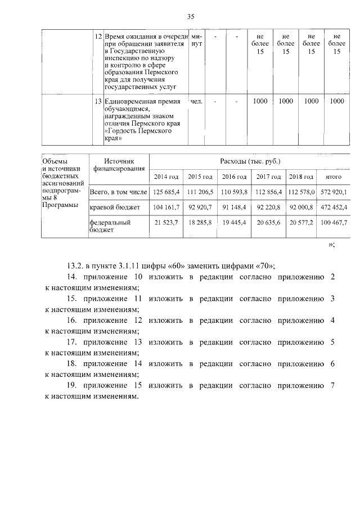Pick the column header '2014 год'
[166, 177]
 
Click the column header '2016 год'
[234, 177]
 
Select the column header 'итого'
[334, 177]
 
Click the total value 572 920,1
[334, 192]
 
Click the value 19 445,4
[234, 223]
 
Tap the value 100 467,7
[334, 223]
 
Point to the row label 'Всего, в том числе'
[118, 192]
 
